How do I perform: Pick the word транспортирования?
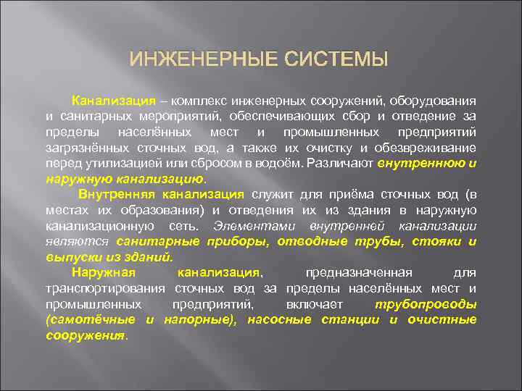click(101, 288)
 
